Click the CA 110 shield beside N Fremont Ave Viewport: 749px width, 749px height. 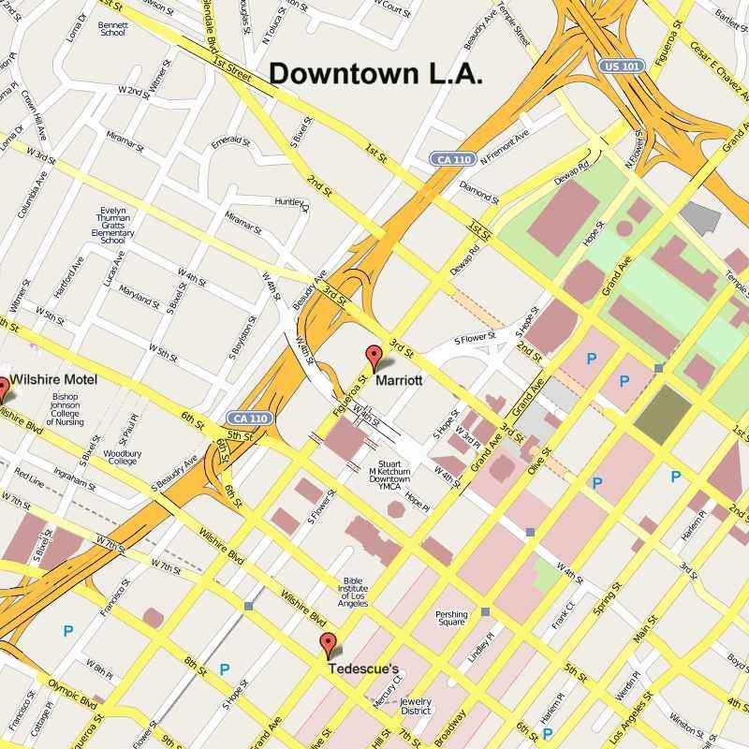(x=451, y=160)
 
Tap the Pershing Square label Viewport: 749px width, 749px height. (x=451, y=619)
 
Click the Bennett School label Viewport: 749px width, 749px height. (x=112, y=27)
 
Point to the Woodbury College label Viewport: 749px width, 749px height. (x=124, y=457)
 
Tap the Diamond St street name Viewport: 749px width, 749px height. (x=479, y=192)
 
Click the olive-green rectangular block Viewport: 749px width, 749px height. (x=662, y=412)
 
